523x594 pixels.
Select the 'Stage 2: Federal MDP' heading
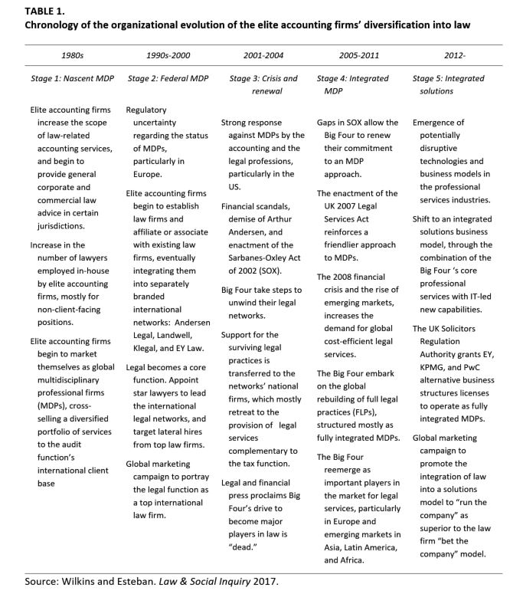click(168, 78)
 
